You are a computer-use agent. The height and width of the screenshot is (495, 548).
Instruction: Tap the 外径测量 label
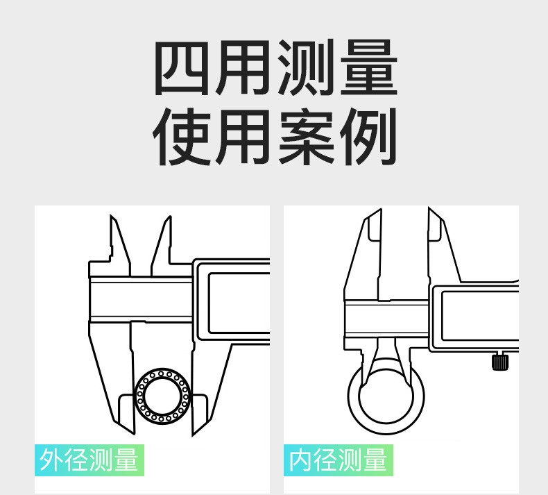(x=89, y=460)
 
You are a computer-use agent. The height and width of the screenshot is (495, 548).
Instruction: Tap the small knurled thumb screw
(x=498, y=362)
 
